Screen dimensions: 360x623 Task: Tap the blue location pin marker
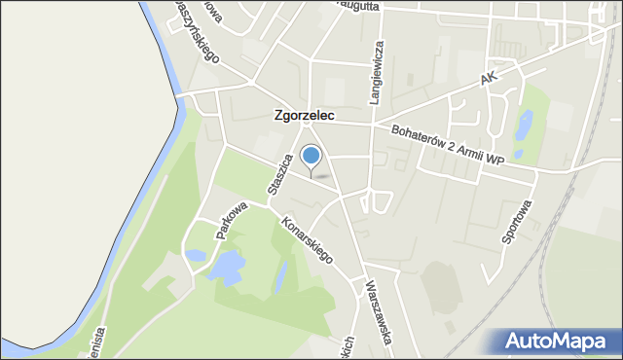[x=311, y=156]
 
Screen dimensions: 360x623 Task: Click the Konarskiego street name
[x=308, y=238]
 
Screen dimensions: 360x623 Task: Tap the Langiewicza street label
[x=377, y=71]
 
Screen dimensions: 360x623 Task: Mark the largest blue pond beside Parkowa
[x=226, y=266]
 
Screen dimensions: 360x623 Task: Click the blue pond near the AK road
[x=525, y=126]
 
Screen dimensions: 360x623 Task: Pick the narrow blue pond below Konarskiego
[x=281, y=275]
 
